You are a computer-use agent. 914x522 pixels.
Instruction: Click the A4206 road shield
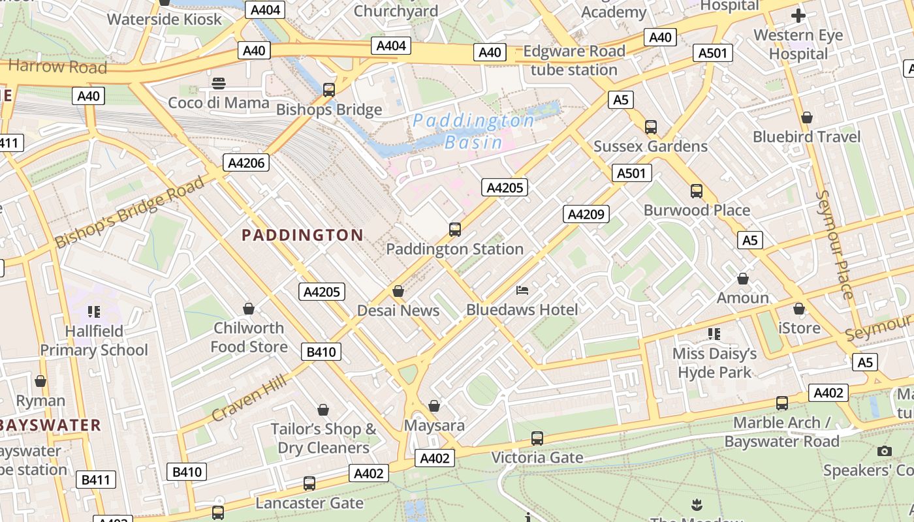tap(246, 162)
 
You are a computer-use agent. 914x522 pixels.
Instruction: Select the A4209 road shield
tap(586, 214)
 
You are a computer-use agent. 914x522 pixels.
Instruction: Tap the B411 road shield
tap(95, 480)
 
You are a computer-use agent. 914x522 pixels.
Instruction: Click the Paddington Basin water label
tap(474, 130)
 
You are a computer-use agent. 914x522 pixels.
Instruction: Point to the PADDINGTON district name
tap(302, 236)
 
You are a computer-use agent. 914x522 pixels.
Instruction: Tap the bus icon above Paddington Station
tap(455, 230)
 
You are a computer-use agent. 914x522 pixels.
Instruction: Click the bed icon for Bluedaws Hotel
tap(522, 290)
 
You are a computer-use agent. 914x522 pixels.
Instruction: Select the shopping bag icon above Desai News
tap(398, 291)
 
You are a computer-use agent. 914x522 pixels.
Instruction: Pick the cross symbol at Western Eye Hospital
tap(798, 16)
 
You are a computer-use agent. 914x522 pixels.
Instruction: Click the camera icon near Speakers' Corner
tap(885, 451)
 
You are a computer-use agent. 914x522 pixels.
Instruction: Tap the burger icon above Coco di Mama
tap(219, 84)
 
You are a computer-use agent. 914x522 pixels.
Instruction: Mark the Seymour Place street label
tap(834, 245)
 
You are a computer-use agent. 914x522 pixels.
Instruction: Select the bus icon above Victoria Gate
tap(537, 438)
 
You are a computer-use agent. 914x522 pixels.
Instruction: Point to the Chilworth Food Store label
tap(249, 337)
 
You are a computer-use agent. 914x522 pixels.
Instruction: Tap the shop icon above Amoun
tap(742, 279)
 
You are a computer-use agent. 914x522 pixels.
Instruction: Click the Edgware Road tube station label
tap(574, 60)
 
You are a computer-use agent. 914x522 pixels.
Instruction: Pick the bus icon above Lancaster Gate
tap(309, 484)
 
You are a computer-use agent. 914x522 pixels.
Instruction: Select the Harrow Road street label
tap(57, 66)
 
